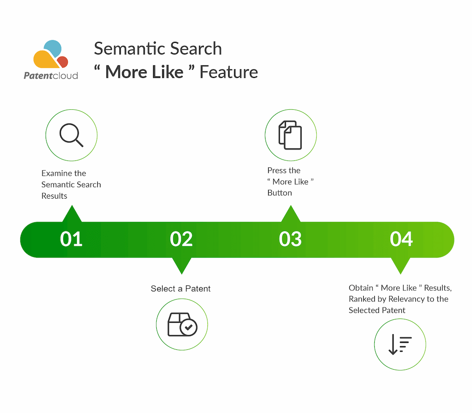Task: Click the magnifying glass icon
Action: click(x=71, y=135)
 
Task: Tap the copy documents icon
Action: click(x=290, y=135)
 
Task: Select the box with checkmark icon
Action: click(x=182, y=324)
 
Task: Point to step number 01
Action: click(x=71, y=239)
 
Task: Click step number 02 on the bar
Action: click(x=181, y=239)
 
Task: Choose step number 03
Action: click(x=290, y=239)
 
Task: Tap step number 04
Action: click(x=401, y=239)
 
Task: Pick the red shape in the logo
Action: click(x=63, y=62)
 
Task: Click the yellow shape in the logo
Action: click(x=45, y=59)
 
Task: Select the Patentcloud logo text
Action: click(x=51, y=76)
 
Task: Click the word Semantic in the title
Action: click(x=128, y=48)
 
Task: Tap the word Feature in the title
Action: click(x=229, y=72)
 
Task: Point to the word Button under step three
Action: click(x=280, y=193)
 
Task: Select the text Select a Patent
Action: click(x=181, y=289)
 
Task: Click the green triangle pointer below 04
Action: click(x=401, y=265)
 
